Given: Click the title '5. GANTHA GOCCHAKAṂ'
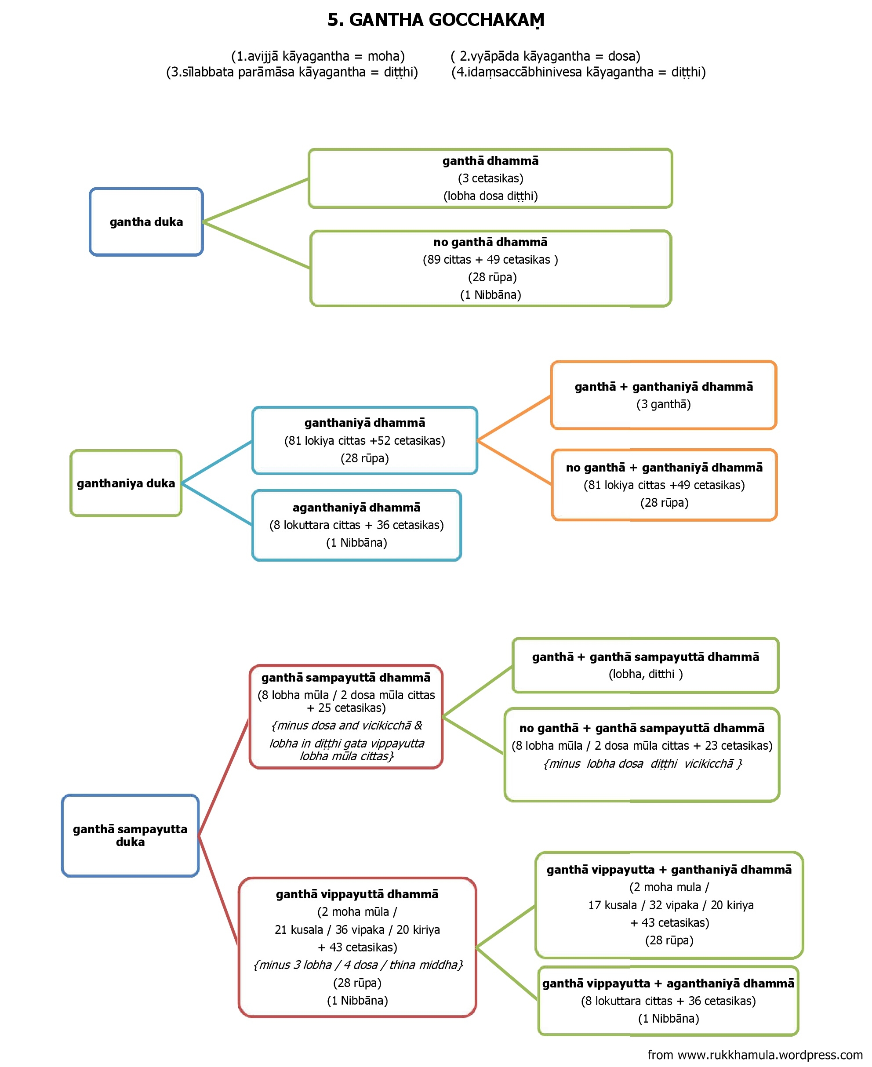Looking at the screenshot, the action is tap(436, 20).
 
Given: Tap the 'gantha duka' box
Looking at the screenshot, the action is tap(146, 222).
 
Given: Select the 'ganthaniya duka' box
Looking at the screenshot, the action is tap(126, 483).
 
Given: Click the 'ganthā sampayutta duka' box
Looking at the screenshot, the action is tap(130, 835).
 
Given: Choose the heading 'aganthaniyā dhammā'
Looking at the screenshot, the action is tap(356, 507).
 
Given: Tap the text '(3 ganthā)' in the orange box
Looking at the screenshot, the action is tap(664, 404).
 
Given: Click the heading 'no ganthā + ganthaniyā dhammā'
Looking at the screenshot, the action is tap(664, 468).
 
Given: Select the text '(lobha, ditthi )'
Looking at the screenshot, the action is tap(646, 674).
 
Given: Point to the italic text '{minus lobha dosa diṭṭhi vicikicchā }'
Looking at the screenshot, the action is tap(643, 763).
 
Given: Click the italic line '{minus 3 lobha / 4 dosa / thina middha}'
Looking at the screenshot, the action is tap(358, 965).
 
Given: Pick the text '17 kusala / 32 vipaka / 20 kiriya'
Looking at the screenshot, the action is tap(671, 905).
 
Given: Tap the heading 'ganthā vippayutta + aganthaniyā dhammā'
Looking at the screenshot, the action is tap(668, 983).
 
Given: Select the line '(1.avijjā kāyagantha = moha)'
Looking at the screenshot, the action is tap(318, 56).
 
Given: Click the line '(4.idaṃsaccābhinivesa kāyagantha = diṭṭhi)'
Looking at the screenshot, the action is tap(579, 72).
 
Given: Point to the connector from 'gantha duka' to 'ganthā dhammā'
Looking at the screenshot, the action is tap(256, 200).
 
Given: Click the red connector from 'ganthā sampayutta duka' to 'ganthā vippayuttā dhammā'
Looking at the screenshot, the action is tap(218, 891).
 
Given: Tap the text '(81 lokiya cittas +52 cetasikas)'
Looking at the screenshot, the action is tap(365, 440).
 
